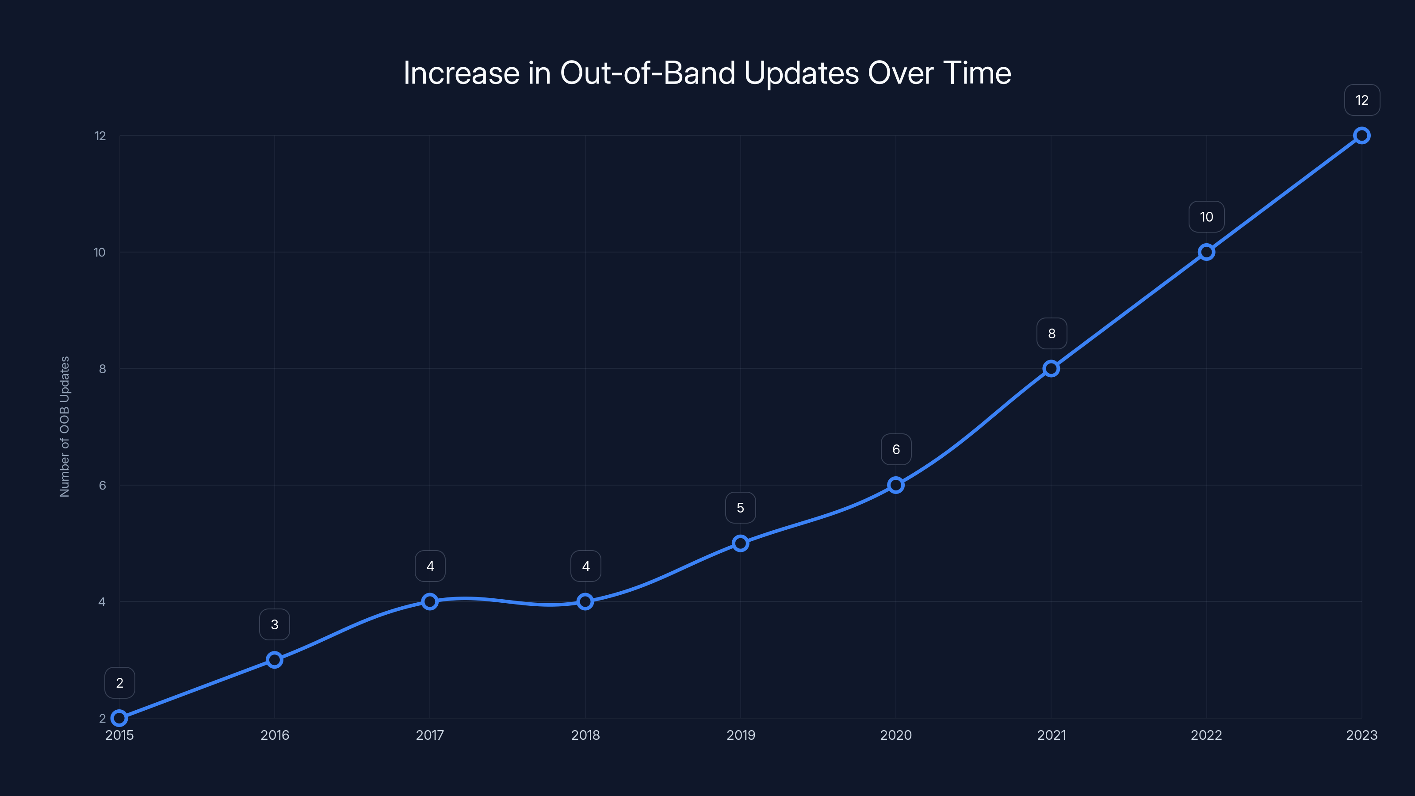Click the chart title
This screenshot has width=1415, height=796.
pos(707,73)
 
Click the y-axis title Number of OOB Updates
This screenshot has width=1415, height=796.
pos(65,426)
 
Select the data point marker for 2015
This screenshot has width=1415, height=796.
pos(119,718)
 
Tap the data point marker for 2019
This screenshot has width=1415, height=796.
pos(741,543)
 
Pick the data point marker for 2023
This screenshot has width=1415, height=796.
pos(1362,135)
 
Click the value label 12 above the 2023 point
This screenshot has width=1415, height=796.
pos(1362,100)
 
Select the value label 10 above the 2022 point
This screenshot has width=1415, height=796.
pos(1206,217)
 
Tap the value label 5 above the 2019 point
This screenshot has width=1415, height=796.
pos(741,508)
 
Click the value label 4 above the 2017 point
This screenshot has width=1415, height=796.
pos(430,566)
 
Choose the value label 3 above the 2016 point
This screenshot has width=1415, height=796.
pos(275,624)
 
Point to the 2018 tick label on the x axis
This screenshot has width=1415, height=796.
pos(585,735)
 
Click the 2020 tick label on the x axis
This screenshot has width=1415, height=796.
pos(896,735)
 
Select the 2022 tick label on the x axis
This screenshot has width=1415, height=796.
pos(1206,735)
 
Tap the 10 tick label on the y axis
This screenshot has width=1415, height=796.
pos(99,252)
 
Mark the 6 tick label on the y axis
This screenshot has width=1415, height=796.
pos(102,485)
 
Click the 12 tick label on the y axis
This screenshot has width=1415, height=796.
pos(100,136)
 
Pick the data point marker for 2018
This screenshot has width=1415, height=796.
pos(585,601)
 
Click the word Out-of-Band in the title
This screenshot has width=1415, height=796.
pos(647,73)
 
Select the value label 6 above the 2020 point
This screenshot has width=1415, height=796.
pos(896,449)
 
